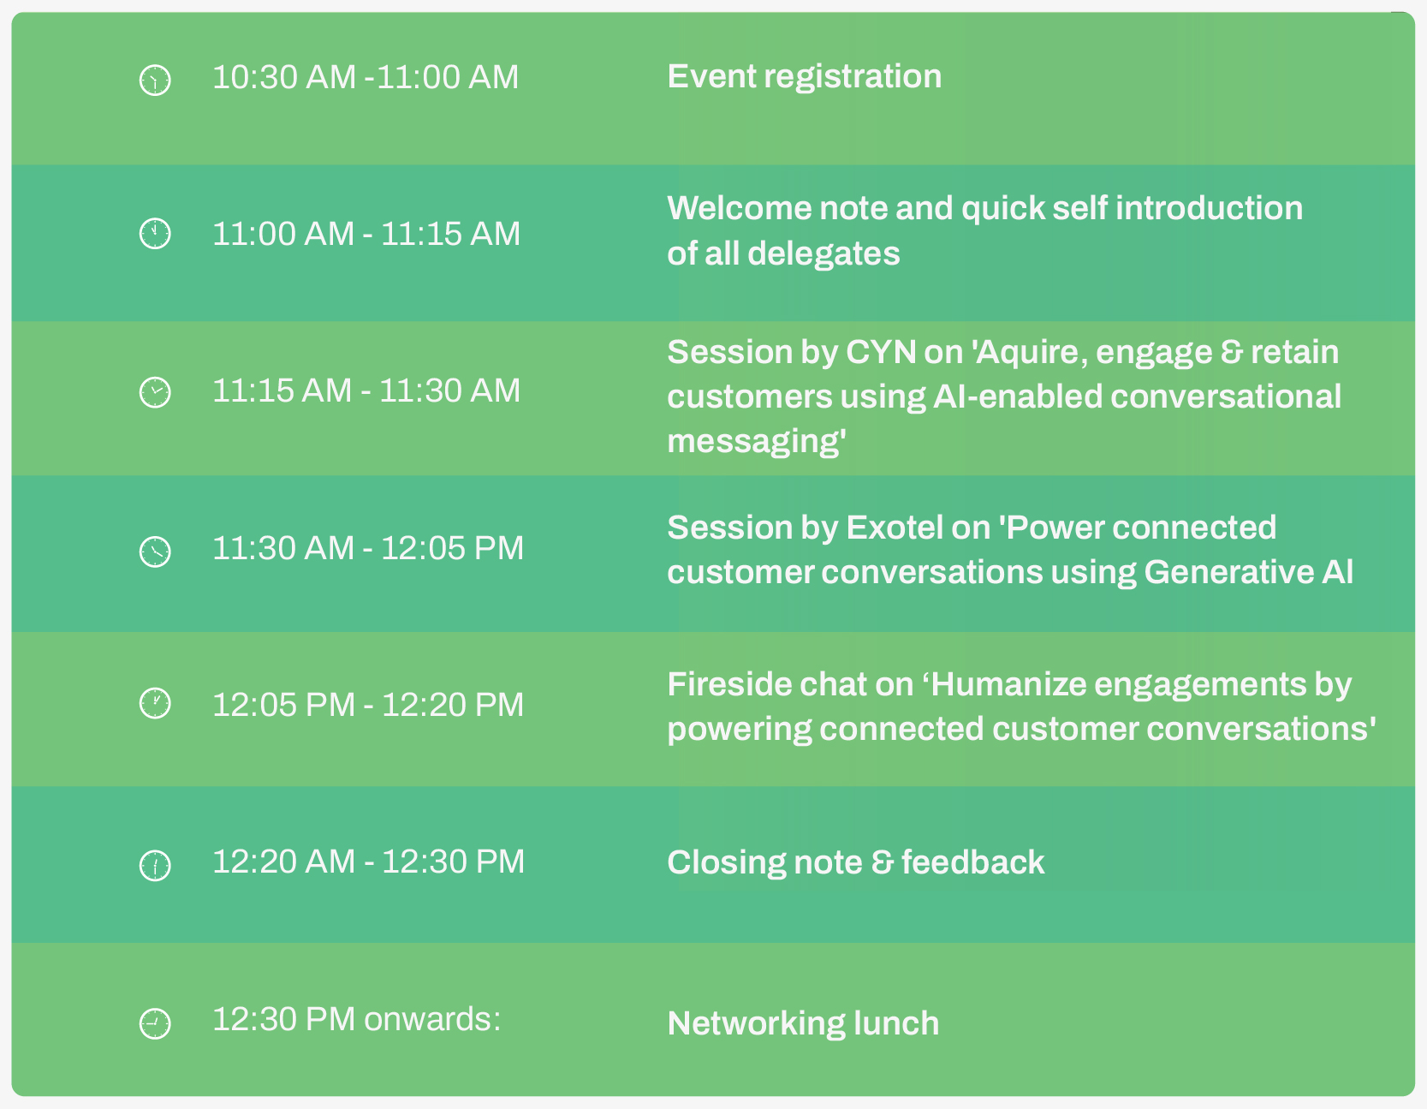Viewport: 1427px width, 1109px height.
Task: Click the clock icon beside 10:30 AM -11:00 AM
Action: (x=155, y=80)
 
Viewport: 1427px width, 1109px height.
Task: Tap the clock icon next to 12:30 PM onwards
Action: (x=155, y=1023)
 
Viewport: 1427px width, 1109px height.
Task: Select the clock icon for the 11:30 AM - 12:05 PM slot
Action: (x=155, y=551)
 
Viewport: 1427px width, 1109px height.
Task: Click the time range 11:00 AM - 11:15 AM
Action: (x=366, y=234)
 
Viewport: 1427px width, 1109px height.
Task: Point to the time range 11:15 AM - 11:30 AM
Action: (x=366, y=391)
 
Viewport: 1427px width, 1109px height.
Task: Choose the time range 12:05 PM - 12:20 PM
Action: (x=368, y=705)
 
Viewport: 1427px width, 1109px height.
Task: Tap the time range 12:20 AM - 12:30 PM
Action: (x=368, y=862)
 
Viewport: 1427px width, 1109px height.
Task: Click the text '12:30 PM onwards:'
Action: (x=356, y=1019)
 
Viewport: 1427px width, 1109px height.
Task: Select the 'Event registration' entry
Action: (x=804, y=77)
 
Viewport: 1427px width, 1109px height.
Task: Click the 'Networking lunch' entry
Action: (x=803, y=1023)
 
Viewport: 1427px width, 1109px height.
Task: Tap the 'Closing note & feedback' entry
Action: (x=856, y=862)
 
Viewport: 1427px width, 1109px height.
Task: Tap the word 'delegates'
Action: (x=823, y=254)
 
